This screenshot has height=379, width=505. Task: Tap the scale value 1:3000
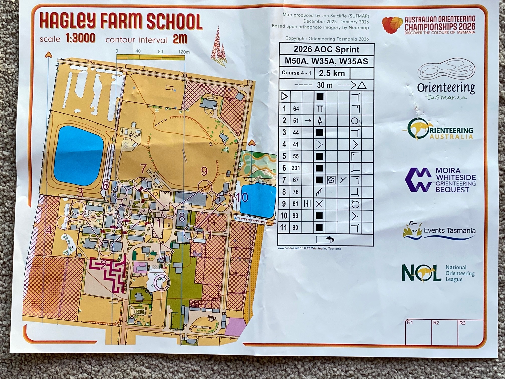[x=80, y=39]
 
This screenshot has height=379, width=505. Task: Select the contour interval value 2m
[x=180, y=39]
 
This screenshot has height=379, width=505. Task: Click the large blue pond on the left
[x=78, y=155]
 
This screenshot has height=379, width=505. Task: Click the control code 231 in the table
[x=296, y=168]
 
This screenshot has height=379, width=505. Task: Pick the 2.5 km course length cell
[x=332, y=73]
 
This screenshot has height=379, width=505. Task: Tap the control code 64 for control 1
[x=296, y=109]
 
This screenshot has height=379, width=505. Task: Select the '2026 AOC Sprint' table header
[x=326, y=49]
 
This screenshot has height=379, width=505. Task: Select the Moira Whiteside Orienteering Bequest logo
[x=440, y=180]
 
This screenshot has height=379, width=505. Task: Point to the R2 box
[x=444, y=332]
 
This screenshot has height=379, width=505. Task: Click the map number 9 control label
[x=204, y=171]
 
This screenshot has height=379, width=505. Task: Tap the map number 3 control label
[x=80, y=193]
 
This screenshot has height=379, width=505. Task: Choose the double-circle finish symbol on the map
[x=162, y=282]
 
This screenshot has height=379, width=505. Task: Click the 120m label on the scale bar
[x=184, y=52]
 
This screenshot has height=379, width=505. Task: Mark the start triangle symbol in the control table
[x=284, y=97]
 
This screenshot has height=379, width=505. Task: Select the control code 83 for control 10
[x=296, y=216]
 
